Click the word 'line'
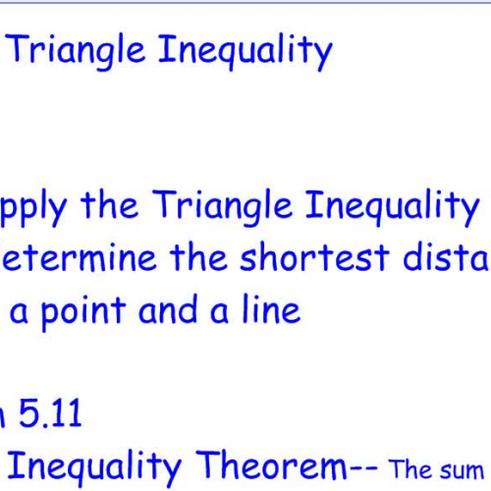pyautogui.click(x=267, y=310)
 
